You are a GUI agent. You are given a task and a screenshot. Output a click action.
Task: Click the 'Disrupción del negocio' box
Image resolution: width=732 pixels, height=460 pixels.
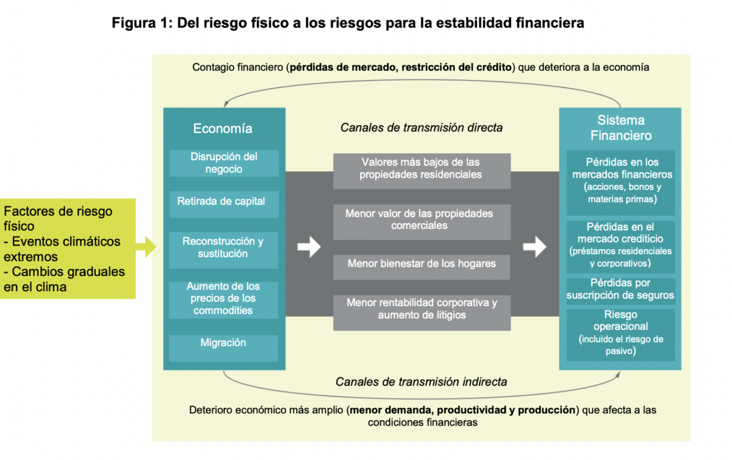(x=224, y=163)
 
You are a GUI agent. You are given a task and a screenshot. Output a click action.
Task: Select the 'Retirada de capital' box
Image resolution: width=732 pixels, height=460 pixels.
(x=224, y=202)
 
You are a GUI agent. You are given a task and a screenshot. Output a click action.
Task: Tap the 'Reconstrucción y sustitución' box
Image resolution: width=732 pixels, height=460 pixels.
(x=224, y=247)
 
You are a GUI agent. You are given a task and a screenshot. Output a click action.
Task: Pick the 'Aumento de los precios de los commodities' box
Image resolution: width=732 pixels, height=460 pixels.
(x=224, y=299)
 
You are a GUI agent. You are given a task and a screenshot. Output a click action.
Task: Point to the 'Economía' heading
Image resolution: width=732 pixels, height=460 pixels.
(x=223, y=128)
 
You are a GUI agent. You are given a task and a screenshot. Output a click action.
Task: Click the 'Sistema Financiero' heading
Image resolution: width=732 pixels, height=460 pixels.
(x=620, y=128)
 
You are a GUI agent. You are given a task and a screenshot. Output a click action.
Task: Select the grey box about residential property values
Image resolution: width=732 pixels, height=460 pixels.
(x=422, y=169)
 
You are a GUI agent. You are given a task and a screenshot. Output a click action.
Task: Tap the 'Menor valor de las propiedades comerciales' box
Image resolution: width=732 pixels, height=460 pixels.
(x=422, y=220)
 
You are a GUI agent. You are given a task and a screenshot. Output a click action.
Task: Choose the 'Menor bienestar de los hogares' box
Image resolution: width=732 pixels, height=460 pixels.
(x=422, y=265)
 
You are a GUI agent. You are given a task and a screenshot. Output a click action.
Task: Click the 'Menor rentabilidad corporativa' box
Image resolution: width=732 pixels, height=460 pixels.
(x=422, y=309)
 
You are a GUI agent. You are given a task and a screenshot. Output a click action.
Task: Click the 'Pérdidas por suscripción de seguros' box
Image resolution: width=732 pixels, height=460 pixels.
(x=620, y=290)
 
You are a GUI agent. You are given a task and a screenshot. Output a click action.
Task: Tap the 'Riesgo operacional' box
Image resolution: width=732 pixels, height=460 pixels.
(x=620, y=333)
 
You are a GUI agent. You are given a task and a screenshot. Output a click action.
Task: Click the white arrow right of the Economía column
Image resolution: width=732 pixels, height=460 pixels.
(x=309, y=247)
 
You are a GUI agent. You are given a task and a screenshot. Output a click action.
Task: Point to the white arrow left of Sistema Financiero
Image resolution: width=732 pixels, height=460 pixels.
(x=535, y=247)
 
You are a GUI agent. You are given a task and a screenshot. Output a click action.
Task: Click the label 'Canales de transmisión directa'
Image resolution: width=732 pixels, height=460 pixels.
(x=422, y=128)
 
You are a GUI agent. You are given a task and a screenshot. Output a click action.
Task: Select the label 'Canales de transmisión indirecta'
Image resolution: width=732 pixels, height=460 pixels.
(x=422, y=382)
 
